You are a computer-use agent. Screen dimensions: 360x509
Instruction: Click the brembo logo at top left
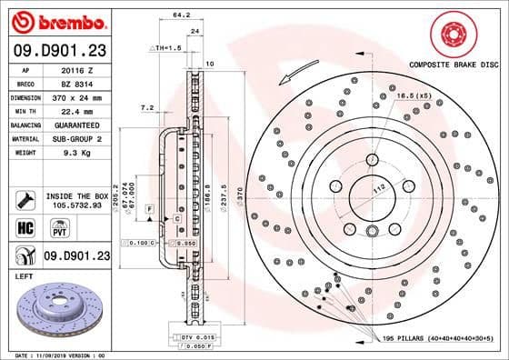[55, 20]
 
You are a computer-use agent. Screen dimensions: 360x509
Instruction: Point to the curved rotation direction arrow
[299, 69]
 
